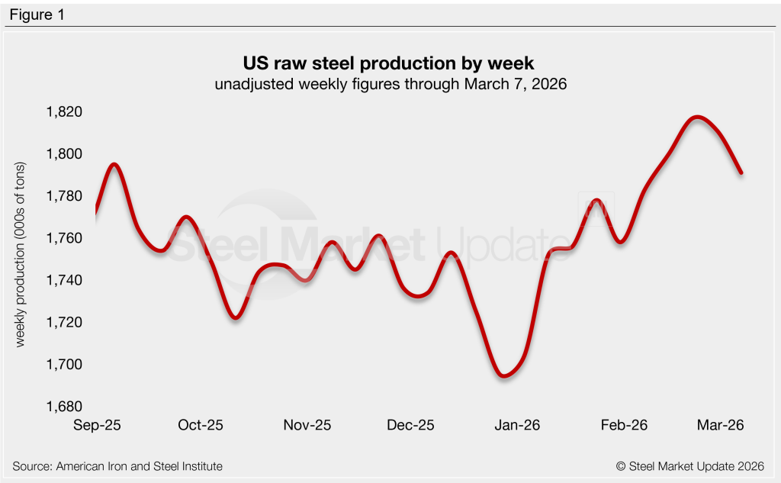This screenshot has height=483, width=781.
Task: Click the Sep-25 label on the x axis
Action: click(x=96, y=425)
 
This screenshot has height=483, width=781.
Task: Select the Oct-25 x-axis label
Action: click(x=201, y=425)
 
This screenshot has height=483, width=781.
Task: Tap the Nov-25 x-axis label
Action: click(x=307, y=425)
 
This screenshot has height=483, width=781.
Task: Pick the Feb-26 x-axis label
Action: click(x=625, y=425)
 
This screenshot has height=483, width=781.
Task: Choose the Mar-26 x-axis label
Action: click(x=722, y=425)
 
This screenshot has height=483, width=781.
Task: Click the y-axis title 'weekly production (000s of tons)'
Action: click(x=21, y=255)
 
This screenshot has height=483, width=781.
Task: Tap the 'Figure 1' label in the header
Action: click(x=37, y=15)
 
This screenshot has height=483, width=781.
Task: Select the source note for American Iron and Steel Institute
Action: click(x=118, y=465)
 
